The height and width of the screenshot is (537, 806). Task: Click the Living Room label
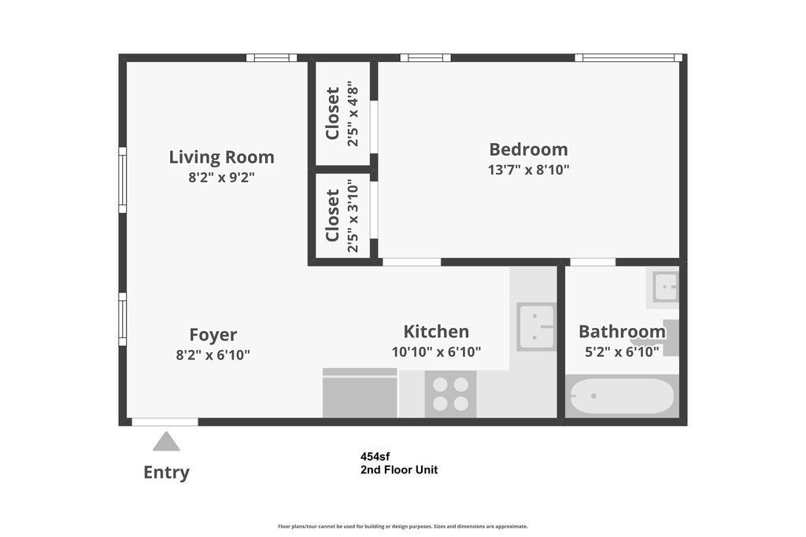point(221,157)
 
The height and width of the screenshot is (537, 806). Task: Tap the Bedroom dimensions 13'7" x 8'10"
point(528,170)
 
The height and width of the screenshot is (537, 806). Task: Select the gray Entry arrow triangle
point(166,441)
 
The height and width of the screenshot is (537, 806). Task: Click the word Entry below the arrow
point(167,473)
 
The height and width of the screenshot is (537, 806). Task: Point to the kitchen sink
point(536,327)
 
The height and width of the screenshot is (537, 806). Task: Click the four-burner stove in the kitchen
point(450,394)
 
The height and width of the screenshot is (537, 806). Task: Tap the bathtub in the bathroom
point(622,395)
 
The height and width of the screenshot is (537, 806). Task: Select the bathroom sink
point(666,286)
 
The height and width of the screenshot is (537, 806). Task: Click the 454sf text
point(375,456)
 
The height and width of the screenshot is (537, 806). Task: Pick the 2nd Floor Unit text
point(399,469)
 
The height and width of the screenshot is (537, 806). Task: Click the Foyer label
point(213,335)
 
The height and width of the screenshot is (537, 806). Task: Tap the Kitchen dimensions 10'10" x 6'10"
point(436,352)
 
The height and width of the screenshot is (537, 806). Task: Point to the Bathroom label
point(622,332)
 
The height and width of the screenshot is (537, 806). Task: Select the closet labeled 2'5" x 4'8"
point(342,113)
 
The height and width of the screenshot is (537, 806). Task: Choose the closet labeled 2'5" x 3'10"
point(342,215)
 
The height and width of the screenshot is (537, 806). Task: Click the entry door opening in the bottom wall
point(165,422)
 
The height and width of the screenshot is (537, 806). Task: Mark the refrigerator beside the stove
point(360,393)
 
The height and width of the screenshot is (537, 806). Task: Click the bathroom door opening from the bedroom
point(593,262)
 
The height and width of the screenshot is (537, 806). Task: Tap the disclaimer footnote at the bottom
point(403,526)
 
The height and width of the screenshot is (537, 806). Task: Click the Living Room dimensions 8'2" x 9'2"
point(221,178)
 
